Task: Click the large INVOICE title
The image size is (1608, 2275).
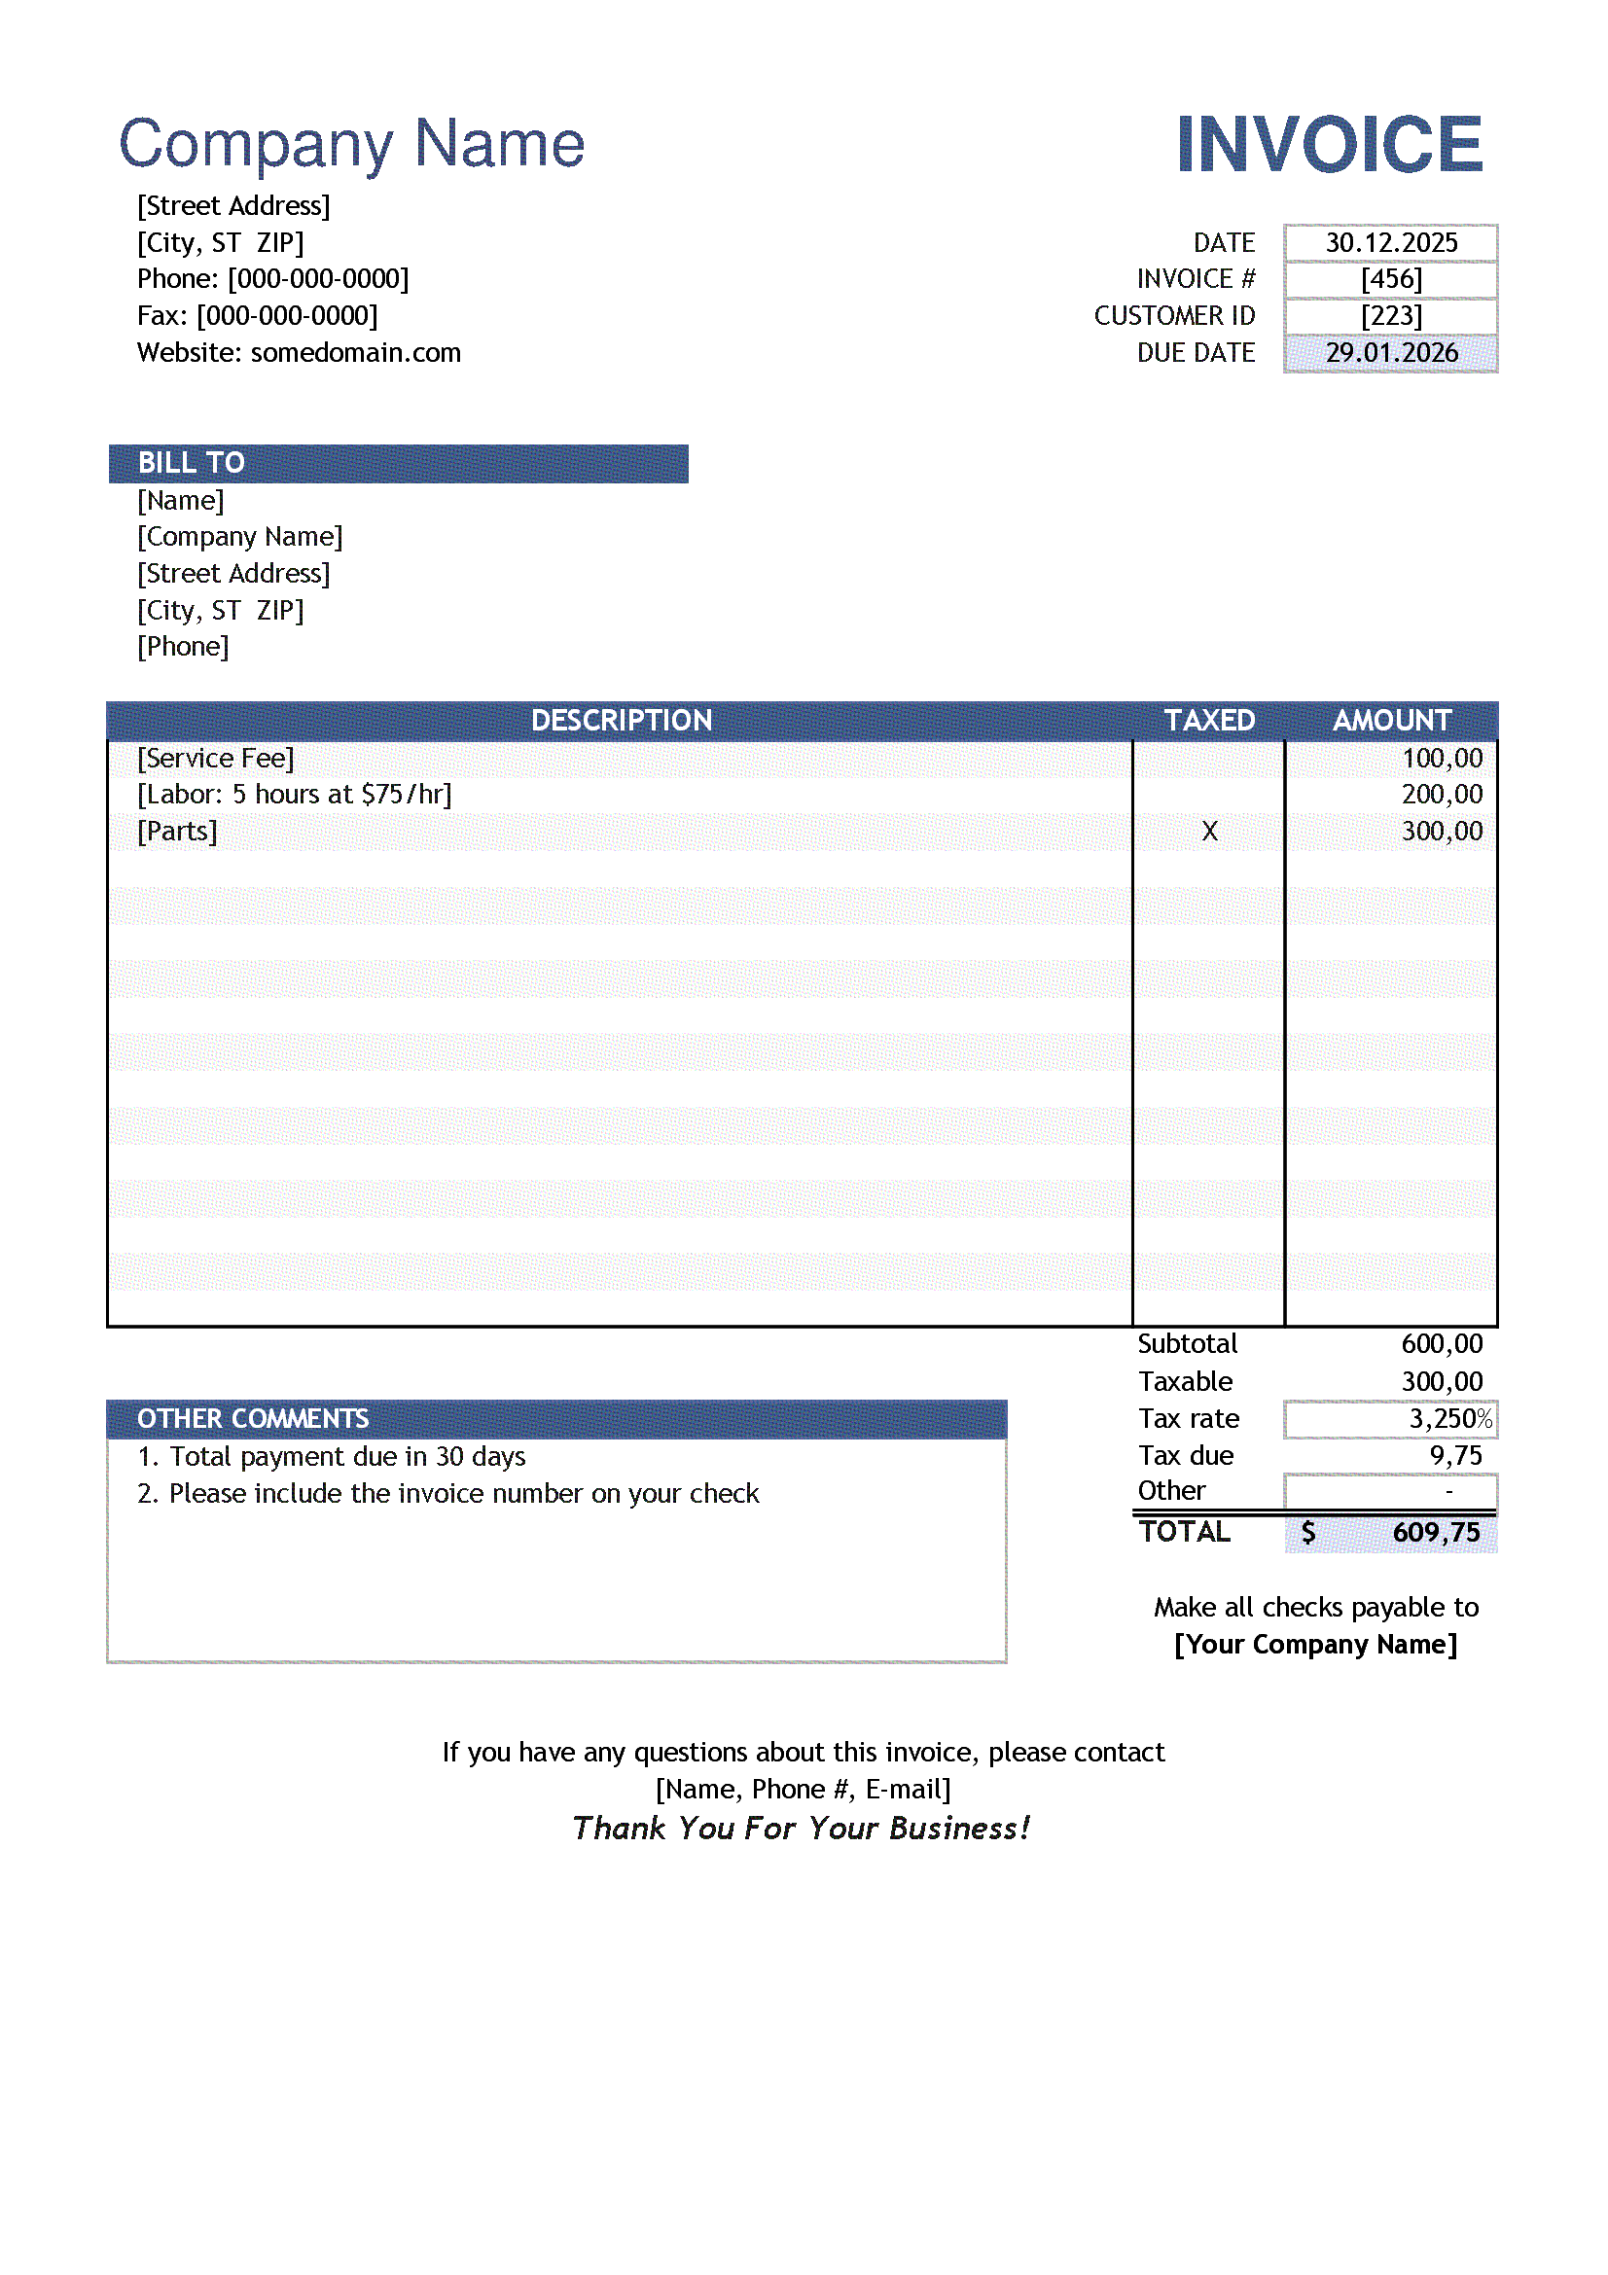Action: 1329,145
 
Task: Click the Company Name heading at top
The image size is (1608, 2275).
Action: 352,145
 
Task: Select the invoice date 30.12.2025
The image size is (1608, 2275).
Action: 1391,243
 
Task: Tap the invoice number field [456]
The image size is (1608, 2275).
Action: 1391,279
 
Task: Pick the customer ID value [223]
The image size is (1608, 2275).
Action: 1391,316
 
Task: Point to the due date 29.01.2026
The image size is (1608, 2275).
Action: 1391,353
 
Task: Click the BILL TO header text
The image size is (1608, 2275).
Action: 192,463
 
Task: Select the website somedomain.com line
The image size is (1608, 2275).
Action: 300,353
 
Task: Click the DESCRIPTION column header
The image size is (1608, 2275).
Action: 622,721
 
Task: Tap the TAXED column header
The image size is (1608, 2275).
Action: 1209,721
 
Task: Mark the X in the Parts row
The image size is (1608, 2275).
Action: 1209,832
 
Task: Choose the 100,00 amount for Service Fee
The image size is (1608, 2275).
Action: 1442,759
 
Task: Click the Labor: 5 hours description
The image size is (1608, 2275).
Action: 294,795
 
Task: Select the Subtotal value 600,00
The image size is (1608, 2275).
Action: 1442,1344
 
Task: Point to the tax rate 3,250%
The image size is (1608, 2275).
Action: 1449,1419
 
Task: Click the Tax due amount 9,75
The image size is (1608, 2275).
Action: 1455,1456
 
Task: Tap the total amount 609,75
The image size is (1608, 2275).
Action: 1436,1533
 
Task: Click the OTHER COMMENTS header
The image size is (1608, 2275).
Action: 253,1419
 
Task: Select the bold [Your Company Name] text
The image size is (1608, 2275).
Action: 1315,1645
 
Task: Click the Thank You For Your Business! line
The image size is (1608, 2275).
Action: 802,1829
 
